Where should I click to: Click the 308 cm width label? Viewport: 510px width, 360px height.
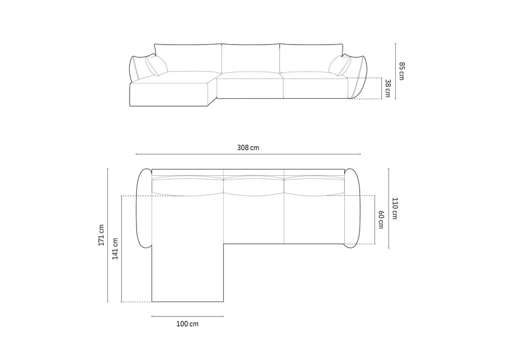pos(248,148)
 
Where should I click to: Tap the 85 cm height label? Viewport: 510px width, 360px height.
pos(402,71)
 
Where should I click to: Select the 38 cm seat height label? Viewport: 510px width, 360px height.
pos(387,88)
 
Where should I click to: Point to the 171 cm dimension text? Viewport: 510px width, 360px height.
pos(101,235)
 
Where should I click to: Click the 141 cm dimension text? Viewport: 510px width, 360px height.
pos(115,248)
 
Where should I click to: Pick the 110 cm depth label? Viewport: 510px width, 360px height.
pos(395,208)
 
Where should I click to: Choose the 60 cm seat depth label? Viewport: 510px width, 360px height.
pos(380,219)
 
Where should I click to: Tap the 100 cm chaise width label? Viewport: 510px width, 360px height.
pos(188,324)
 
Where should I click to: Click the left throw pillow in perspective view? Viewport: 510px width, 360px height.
pos(156,65)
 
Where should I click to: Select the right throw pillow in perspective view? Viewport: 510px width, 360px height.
pos(340,65)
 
